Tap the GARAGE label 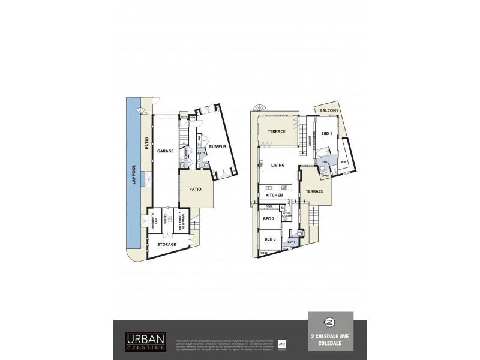tap(166, 151)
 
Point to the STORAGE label tap(167, 245)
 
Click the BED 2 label tap(269, 219)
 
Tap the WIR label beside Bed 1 tap(344, 162)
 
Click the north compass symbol tap(330, 321)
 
